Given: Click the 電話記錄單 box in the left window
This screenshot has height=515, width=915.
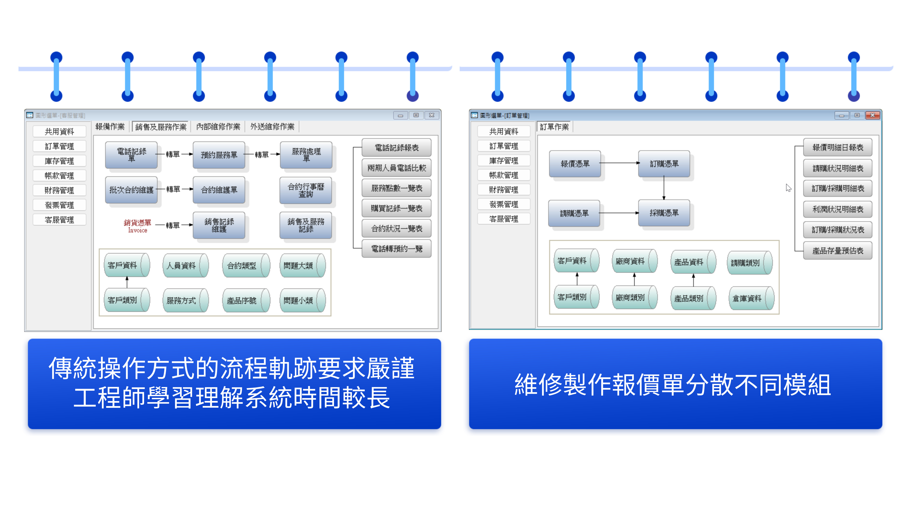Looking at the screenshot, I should pos(131,155).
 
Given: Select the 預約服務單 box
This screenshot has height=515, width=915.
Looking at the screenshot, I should pos(219,155).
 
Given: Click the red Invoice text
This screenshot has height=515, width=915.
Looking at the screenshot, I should pos(137,230).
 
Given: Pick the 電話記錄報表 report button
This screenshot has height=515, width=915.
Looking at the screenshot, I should pos(396,147).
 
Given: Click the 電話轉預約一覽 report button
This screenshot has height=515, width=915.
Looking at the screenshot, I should pos(396,249).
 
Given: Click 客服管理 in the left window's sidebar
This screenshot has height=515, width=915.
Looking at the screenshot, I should pos(59,220).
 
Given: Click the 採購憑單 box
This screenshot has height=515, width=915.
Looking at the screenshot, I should pos(664,213).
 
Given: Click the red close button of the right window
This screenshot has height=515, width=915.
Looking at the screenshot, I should pos(872,115).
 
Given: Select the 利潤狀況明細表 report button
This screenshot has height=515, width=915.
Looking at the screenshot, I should pos(838,209).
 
